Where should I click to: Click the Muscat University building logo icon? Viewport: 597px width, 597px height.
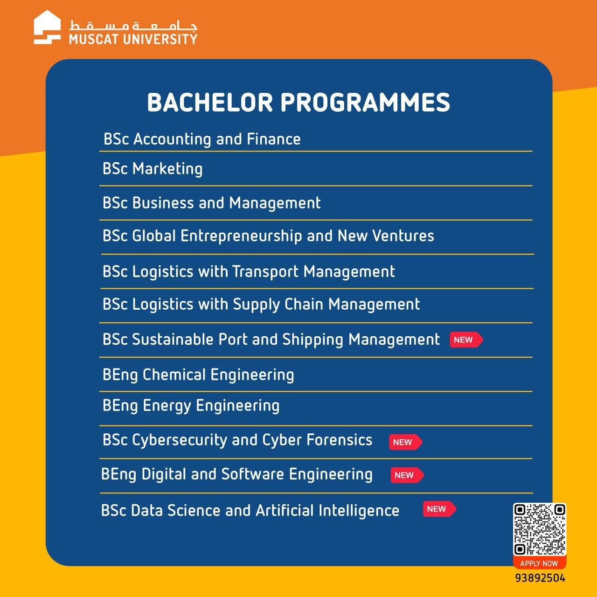(x=47, y=27)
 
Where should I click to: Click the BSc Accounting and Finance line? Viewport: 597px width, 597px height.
(x=202, y=139)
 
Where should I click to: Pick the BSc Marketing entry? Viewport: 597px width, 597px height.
(x=153, y=169)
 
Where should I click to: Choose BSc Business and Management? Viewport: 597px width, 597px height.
(x=212, y=203)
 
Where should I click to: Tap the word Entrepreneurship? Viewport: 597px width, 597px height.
(x=241, y=236)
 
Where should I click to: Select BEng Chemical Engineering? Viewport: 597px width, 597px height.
(x=198, y=375)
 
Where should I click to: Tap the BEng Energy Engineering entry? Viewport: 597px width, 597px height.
(x=191, y=406)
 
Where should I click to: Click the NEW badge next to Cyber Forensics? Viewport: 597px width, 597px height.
(x=405, y=442)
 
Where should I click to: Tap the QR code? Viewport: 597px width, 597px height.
(x=539, y=529)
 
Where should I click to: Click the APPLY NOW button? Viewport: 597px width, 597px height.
(x=539, y=563)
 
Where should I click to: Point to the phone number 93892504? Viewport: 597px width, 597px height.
(x=540, y=578)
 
